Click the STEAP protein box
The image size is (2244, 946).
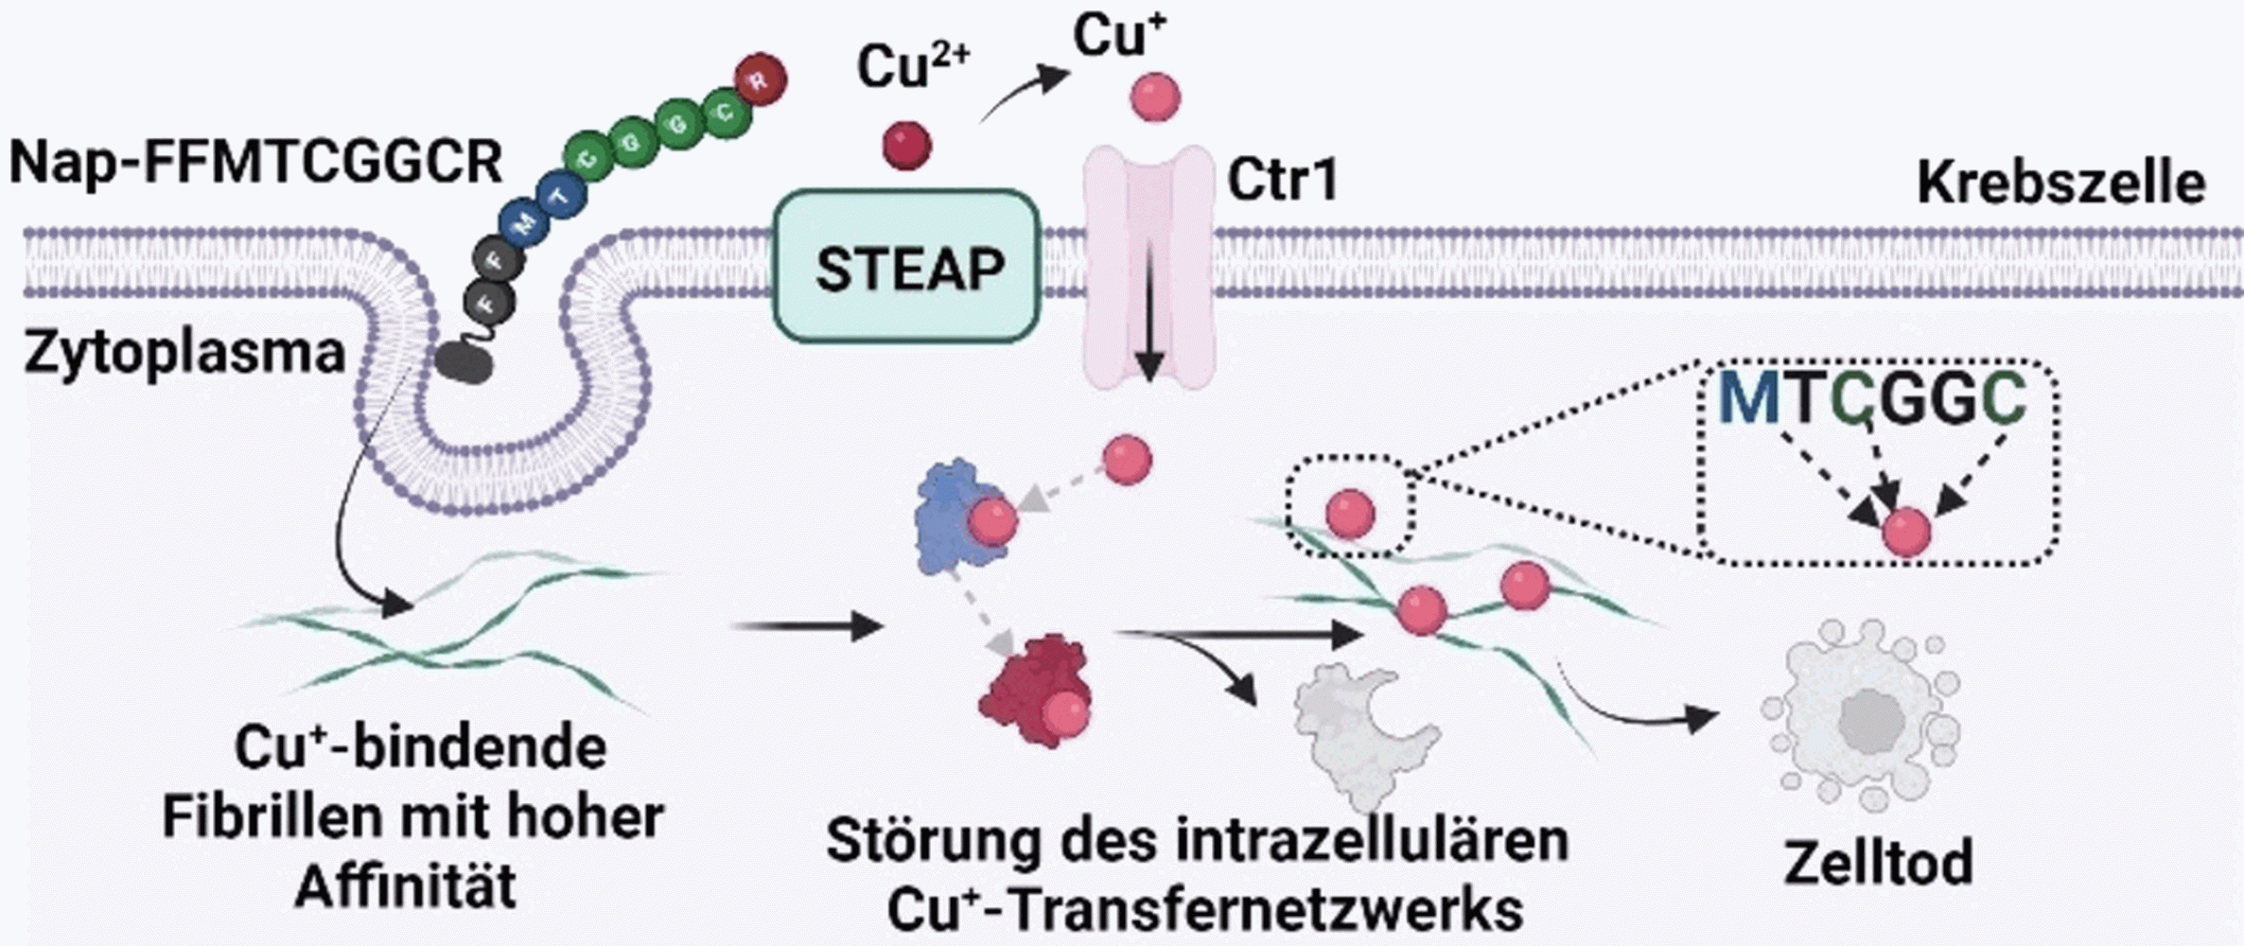(907, 268)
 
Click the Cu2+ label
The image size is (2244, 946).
(912, 66)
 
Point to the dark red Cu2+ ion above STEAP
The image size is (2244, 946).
(906, 146)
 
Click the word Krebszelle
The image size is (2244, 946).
(2060, 183)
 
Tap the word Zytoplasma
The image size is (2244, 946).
(184, 353)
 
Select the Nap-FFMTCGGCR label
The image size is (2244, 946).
(255, 162)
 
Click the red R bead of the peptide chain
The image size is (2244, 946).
(760, 79)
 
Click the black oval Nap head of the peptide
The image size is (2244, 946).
(464, 362)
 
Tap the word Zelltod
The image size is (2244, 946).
(1878, 863)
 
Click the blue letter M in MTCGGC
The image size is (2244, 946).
(1749, 398)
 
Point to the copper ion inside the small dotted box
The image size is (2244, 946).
(1350, 514)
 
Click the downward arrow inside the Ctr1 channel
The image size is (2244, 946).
(1148, 312)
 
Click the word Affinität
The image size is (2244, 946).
(406, 886)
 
